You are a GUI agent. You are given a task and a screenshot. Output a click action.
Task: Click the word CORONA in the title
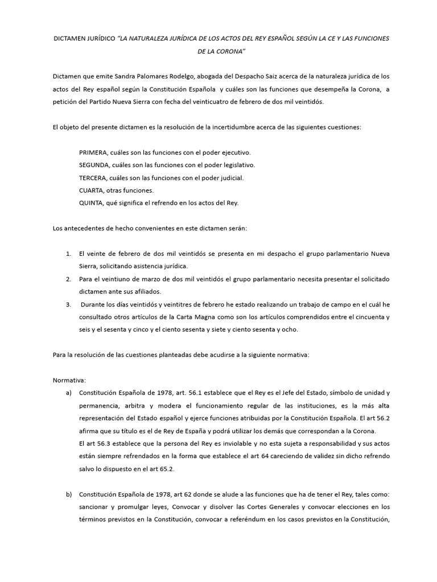[x=228, y=52]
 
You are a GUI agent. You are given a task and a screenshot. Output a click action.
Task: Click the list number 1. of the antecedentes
[x=68, y=253]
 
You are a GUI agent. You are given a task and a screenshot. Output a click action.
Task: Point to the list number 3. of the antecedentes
[x=68, y=304]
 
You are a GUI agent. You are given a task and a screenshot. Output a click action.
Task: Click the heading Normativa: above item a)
[x=69, y=380]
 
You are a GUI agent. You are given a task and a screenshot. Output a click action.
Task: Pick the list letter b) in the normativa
[x=69, y=494]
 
